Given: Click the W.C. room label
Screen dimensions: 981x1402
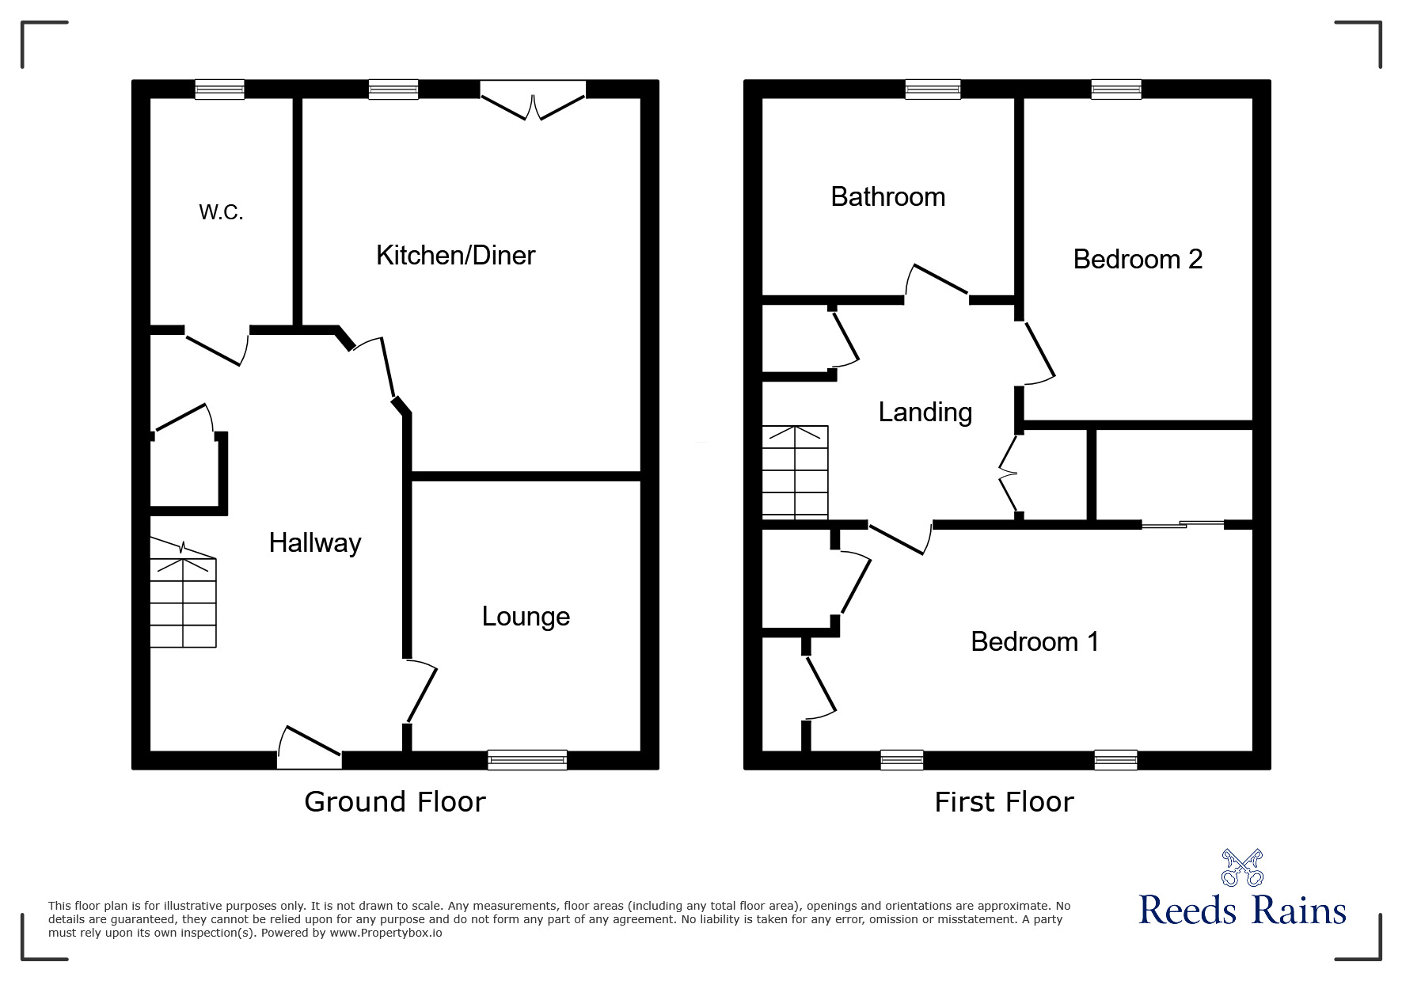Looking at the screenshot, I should point(221,212).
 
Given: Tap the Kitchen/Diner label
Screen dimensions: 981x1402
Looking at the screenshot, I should point(455,255).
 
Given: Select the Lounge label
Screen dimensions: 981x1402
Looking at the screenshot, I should point(526,617).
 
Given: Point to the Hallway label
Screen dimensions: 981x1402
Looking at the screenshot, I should point(315,542).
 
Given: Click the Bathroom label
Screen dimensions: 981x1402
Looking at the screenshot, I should point(887,196).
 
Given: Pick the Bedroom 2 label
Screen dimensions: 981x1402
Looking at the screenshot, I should point(1138,259).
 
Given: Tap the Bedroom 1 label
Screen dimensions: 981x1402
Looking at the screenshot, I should point(1035,641).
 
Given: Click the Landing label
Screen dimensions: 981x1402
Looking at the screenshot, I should point(925,412).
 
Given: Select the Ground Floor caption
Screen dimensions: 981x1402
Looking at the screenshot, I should point(394,802).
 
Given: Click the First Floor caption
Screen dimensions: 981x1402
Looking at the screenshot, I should point(1004,802).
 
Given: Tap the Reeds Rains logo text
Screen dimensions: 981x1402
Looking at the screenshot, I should point(1242,911).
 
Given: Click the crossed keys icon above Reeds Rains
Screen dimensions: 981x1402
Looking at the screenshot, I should point(1242,867).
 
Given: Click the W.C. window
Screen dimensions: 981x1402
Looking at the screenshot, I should point(220,89).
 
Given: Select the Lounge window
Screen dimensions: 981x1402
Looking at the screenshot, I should point(527,759).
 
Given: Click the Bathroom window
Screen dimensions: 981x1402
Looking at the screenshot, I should point(933,89).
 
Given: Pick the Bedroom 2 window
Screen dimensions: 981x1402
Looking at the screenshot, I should point(1116,89).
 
